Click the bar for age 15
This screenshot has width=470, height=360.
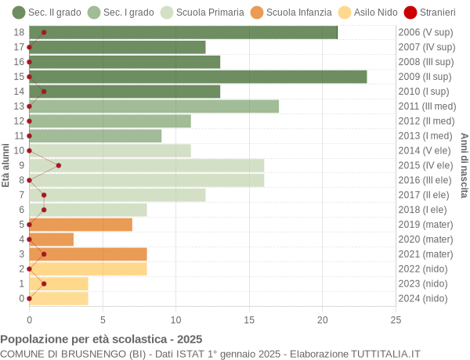point(197,77)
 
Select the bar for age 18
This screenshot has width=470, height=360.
point(183,32)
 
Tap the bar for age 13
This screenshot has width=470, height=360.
point(154,106)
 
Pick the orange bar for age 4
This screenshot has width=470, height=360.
point(51,239)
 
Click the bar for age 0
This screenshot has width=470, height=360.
point(59,298)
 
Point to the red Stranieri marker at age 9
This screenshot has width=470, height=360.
point(59,165)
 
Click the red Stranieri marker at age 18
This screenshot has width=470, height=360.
point(44,32)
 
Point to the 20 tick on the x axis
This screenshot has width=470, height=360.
point(322,319)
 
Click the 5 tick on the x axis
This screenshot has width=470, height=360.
point(103,319)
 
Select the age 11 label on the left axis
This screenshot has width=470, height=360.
point(19,135)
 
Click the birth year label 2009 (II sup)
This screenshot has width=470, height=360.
point(425,77)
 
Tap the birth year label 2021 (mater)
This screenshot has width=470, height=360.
point(425,254)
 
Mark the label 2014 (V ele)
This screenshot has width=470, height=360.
point(425,150)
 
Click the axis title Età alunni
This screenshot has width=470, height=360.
point(6,165)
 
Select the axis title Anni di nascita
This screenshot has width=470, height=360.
point(463,165)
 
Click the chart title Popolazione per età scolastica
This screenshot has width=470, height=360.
point(101,340)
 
